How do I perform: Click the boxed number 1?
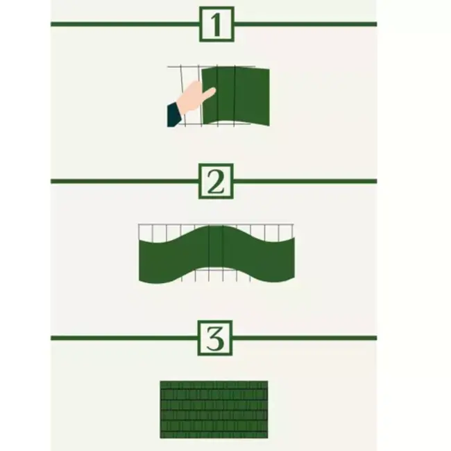216,24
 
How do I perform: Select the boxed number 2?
216,182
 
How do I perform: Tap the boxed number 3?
216,339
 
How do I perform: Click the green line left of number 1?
125,24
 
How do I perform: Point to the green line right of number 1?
305,24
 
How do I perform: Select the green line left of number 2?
125,182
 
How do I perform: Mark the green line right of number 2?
305,182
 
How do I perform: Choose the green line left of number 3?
125,339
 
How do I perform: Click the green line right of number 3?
305,339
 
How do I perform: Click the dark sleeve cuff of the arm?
173,115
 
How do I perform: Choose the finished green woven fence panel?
214,409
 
